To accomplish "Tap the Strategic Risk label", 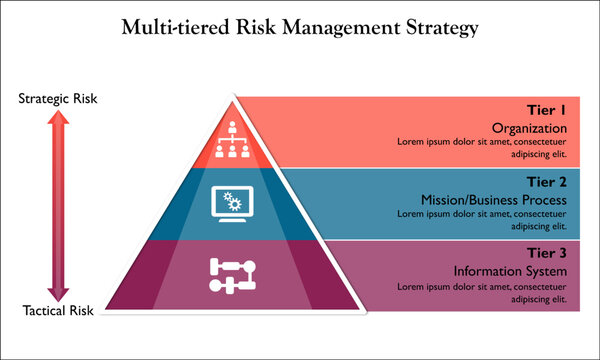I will [x=58, y=99].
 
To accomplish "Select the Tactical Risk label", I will [x=58, y=311].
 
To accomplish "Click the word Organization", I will [x=530, y=129].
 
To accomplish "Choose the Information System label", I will [x=511, y=271].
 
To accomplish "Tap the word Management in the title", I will [x=339, y=27].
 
